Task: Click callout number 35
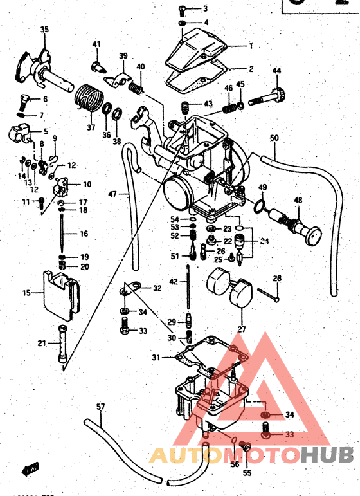pos(44,30)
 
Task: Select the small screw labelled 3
pos(182,9)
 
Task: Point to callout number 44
pos(277,70)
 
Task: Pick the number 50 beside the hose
pos(274,138)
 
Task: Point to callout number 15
pos(26,293)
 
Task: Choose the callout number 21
pos(42,344)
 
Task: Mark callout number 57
pos(100,407)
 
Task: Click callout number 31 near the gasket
pos(156,358)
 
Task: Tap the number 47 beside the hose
pos(113,193)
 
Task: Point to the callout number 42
pos(173,282)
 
